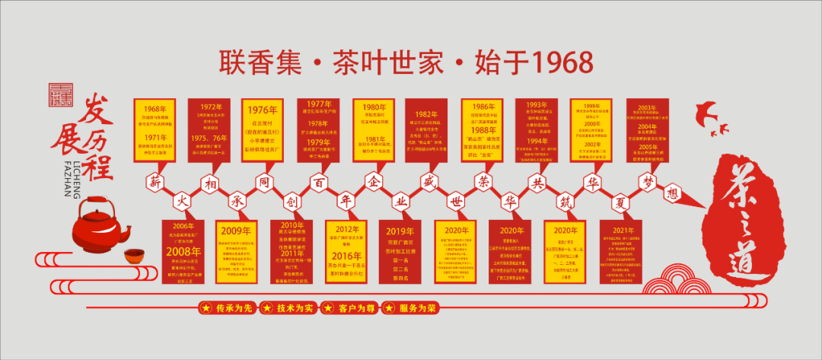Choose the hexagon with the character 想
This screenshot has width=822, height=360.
(x=672, y=193)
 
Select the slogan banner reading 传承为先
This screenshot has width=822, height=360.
(x=227, y=308)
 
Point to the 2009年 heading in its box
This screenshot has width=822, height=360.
(x=236, y=231)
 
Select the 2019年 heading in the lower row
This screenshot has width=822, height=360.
(x=400, y=231)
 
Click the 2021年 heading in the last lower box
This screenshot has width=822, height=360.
(x=623, y=231)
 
